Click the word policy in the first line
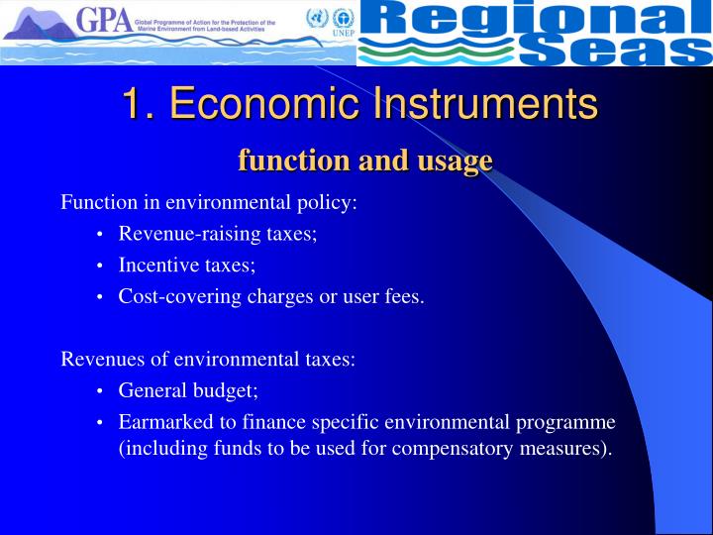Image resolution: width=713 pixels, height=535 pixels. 327,203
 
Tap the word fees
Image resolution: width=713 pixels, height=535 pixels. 404,296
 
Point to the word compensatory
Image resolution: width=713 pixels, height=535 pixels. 471,448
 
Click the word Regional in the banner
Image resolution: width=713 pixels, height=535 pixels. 535,19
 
